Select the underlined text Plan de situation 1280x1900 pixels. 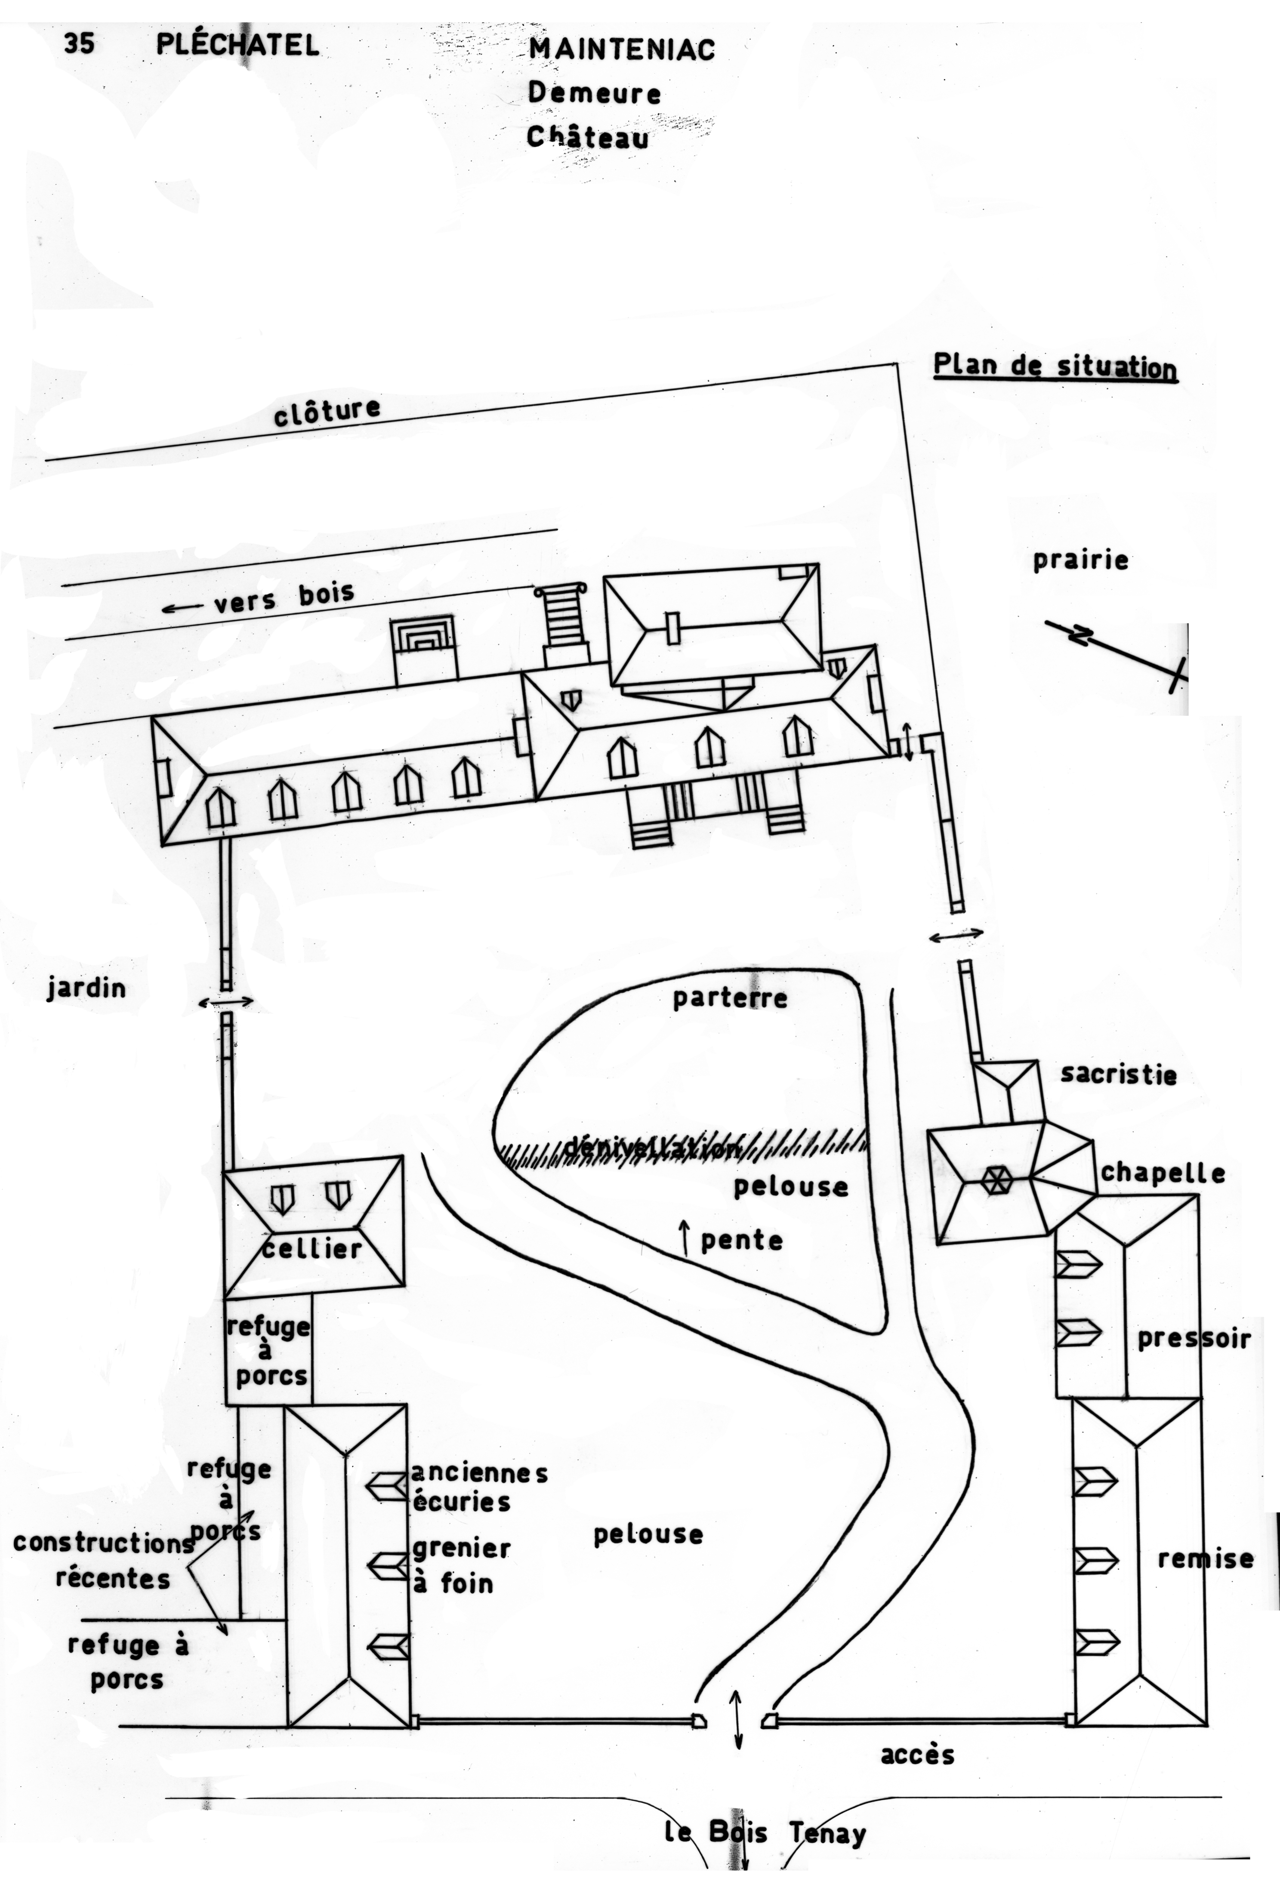pos(1055,366)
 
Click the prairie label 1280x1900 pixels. pos(1080,560)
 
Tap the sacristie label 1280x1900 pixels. pos(1118,1074)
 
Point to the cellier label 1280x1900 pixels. pos(313,1248)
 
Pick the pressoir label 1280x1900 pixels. pos(1194,1339)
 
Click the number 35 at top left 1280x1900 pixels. pos(79,43)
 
